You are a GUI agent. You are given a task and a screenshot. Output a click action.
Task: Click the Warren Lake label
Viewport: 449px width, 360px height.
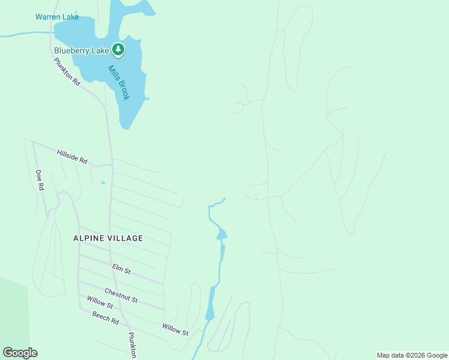click(57, 17)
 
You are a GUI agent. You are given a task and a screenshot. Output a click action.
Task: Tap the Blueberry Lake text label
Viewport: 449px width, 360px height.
click(82, 50)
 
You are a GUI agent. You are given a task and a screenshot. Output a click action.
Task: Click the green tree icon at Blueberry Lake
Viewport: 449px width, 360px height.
click(119, 50)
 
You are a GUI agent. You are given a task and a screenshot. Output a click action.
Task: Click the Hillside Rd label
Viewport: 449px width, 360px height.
click(72, 157)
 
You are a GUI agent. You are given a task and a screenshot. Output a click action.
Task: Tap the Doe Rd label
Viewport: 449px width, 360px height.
click(40, 180)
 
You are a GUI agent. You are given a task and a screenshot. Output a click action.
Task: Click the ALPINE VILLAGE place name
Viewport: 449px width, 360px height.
click(108, 238)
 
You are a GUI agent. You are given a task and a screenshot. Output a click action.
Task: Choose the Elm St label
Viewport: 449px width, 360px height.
click(121, 269)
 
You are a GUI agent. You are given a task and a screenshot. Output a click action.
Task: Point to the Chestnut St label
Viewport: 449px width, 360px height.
click(121, 295)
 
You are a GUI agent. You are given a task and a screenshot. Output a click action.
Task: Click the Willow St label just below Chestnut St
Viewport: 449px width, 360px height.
click(100, 306)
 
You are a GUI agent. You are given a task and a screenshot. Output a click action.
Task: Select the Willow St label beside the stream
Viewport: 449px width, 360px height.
click(175, 329)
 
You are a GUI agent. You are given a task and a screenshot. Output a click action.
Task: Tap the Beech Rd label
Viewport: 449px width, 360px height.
click(105, 318)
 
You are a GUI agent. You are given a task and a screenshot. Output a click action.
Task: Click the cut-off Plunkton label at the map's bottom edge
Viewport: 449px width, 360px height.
click(133, 346)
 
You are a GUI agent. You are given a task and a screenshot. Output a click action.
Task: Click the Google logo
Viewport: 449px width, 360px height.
click(20, 353)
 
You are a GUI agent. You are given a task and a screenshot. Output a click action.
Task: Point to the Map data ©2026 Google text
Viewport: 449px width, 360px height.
click(412, 355)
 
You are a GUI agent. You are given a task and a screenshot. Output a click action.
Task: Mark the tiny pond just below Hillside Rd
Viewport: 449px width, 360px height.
click(103, 182)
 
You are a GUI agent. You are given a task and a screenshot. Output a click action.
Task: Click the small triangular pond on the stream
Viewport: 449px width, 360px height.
click(221, 233)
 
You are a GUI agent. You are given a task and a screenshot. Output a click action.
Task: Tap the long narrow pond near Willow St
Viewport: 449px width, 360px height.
click(211, 304)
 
